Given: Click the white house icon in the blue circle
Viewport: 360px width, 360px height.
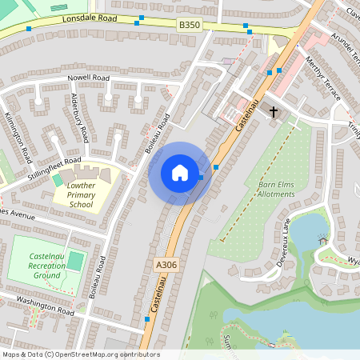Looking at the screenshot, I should [180, 172].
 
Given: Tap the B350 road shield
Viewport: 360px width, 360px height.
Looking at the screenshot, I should [190, 26].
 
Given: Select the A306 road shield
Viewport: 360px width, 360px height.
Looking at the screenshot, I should [166, 263].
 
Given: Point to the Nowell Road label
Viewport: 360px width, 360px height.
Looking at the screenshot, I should [87, 78].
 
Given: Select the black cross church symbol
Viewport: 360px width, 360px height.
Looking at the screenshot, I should [274, 112].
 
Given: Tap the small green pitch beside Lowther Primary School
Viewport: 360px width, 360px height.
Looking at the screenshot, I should [58, 181].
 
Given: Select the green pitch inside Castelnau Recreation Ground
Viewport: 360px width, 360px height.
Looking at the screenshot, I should [74, 261].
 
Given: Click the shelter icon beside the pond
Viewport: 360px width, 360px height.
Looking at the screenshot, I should [323, 240].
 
